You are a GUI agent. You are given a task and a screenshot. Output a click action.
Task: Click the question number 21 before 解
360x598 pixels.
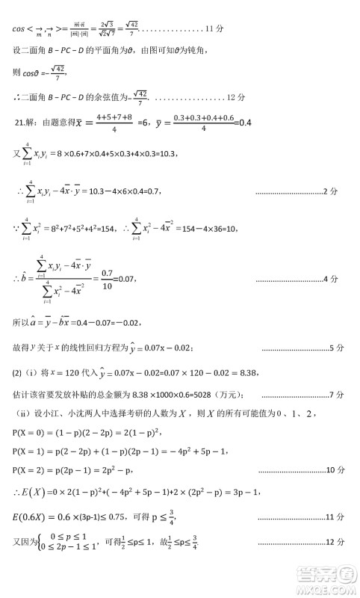[x=20, y=123]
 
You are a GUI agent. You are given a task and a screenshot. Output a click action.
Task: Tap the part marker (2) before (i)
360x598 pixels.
[x=18, y=373]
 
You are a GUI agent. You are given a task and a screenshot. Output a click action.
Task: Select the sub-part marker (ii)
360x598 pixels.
[x=23, y=413]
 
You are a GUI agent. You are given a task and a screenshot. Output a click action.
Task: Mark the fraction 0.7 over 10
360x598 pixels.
[x=107, y=279]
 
